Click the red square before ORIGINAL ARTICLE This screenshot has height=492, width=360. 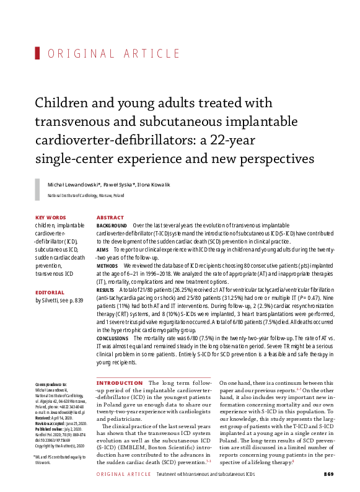(38, 53)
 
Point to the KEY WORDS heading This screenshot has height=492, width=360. (51, 217)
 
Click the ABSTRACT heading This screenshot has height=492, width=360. (110, 217)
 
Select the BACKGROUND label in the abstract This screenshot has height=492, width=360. (112, 226)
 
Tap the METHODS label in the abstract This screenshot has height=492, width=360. (108, 265)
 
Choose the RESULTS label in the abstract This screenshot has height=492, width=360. (106, 289)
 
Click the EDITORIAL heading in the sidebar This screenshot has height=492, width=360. (50, 291)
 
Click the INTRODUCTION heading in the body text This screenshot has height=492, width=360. (120, 384)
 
